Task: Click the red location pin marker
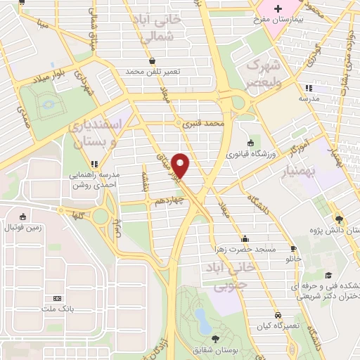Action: tap(182, 165)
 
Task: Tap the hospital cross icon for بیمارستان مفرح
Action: tap(278, 9)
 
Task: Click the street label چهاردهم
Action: tap(169, 200)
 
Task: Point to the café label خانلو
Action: tap(292, 258)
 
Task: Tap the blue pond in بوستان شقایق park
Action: tap(202, 321)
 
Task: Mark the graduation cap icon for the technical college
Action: tap(326, 276)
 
